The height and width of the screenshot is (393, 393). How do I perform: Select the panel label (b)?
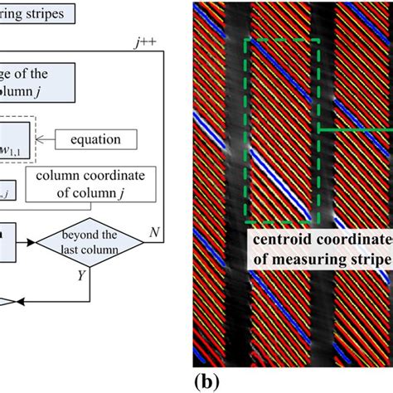click(x=208, y=382)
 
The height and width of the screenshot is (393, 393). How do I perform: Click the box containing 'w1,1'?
click(x=17, y=138)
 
